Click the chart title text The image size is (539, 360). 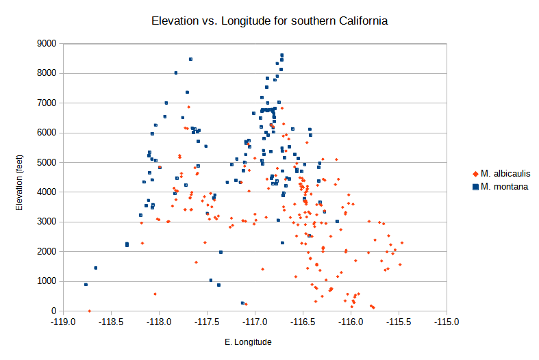click(269, 21)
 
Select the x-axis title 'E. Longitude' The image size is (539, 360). click(248, 342)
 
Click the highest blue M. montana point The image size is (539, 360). click(281, 55)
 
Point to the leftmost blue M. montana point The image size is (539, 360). click(86, 284)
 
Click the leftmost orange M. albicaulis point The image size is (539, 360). click(89, 311)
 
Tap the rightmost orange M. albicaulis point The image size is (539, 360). click(402, 243)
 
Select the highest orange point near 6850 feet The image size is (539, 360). click(188, 107)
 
